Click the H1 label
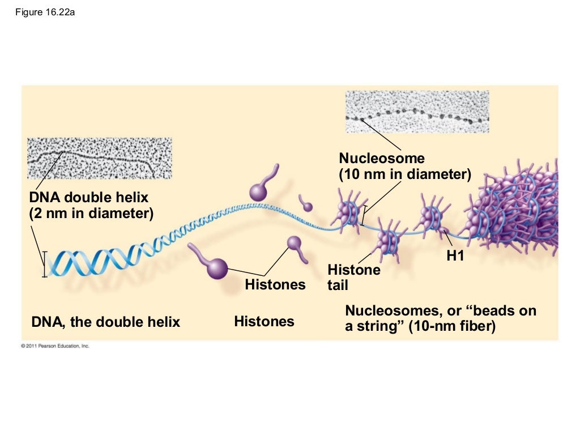tap(455, 256)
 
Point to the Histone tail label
tap(353, 277)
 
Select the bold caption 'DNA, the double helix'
tap(106, 322)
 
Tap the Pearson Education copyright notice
tap(55, 346)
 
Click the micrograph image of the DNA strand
tap(99, 158)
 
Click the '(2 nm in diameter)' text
tap(91, 214)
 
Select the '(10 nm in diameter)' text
tap(405, 174)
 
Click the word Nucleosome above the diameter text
tap(381, 158)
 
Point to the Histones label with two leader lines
tap(275, 284)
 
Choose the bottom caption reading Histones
tap(264, 322)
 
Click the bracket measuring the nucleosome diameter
tap(363, 216)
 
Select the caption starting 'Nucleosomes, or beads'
tap(440, 318)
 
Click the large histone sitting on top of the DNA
tap(259, 191)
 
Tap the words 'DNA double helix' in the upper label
tap(88, 198)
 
